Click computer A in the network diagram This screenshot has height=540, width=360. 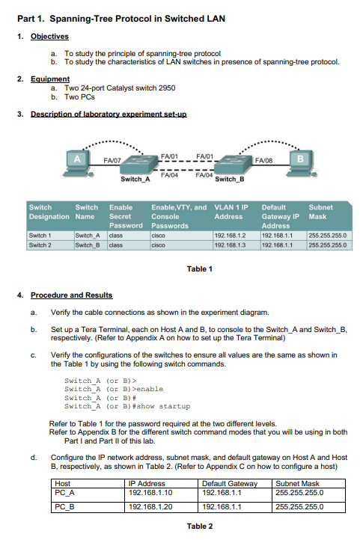[77, 160]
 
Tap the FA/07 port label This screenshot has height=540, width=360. [112, 159]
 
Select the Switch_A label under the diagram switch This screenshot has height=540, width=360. [135, 180]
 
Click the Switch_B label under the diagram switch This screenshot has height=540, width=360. [230, 180]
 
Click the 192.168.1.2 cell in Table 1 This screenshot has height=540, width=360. [230, 234]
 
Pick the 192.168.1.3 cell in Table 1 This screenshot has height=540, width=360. [230, 244]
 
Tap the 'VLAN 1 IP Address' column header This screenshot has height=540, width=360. [232, 212]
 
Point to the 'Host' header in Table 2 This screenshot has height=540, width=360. [64, 484]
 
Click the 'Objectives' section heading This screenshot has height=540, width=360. [49, 36]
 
